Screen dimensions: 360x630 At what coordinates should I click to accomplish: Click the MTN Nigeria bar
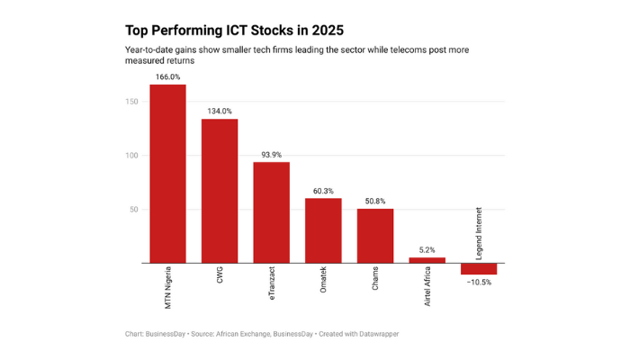click(167, 174)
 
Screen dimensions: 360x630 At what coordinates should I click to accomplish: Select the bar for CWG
click(220, 191)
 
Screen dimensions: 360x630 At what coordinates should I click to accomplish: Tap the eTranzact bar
click(271, 212)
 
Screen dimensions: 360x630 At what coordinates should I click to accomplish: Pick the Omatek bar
click(323, 230)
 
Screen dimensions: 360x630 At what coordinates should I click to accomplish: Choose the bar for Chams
click(375, 236)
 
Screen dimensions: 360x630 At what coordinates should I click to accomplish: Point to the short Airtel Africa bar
click(427, 260)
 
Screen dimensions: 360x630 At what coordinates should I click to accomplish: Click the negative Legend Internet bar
click(479, 269)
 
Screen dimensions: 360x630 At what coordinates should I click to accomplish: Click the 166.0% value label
click(167, 77)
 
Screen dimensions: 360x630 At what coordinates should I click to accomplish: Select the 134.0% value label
click(220, 112)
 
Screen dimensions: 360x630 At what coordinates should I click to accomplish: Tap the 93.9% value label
click(271, 155)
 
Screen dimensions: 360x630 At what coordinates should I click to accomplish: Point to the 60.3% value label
click(323, 191)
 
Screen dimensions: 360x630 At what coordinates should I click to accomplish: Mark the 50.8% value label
click(375, 202)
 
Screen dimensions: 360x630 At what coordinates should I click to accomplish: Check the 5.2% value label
click(427, 250)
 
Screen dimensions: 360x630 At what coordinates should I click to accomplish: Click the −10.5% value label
click(479, 283)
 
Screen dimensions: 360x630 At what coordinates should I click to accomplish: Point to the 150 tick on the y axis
click(132, 102)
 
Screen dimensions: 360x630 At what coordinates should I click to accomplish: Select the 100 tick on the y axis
click(132, 156)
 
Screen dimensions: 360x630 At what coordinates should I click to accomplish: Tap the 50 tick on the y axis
click(135, 210)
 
